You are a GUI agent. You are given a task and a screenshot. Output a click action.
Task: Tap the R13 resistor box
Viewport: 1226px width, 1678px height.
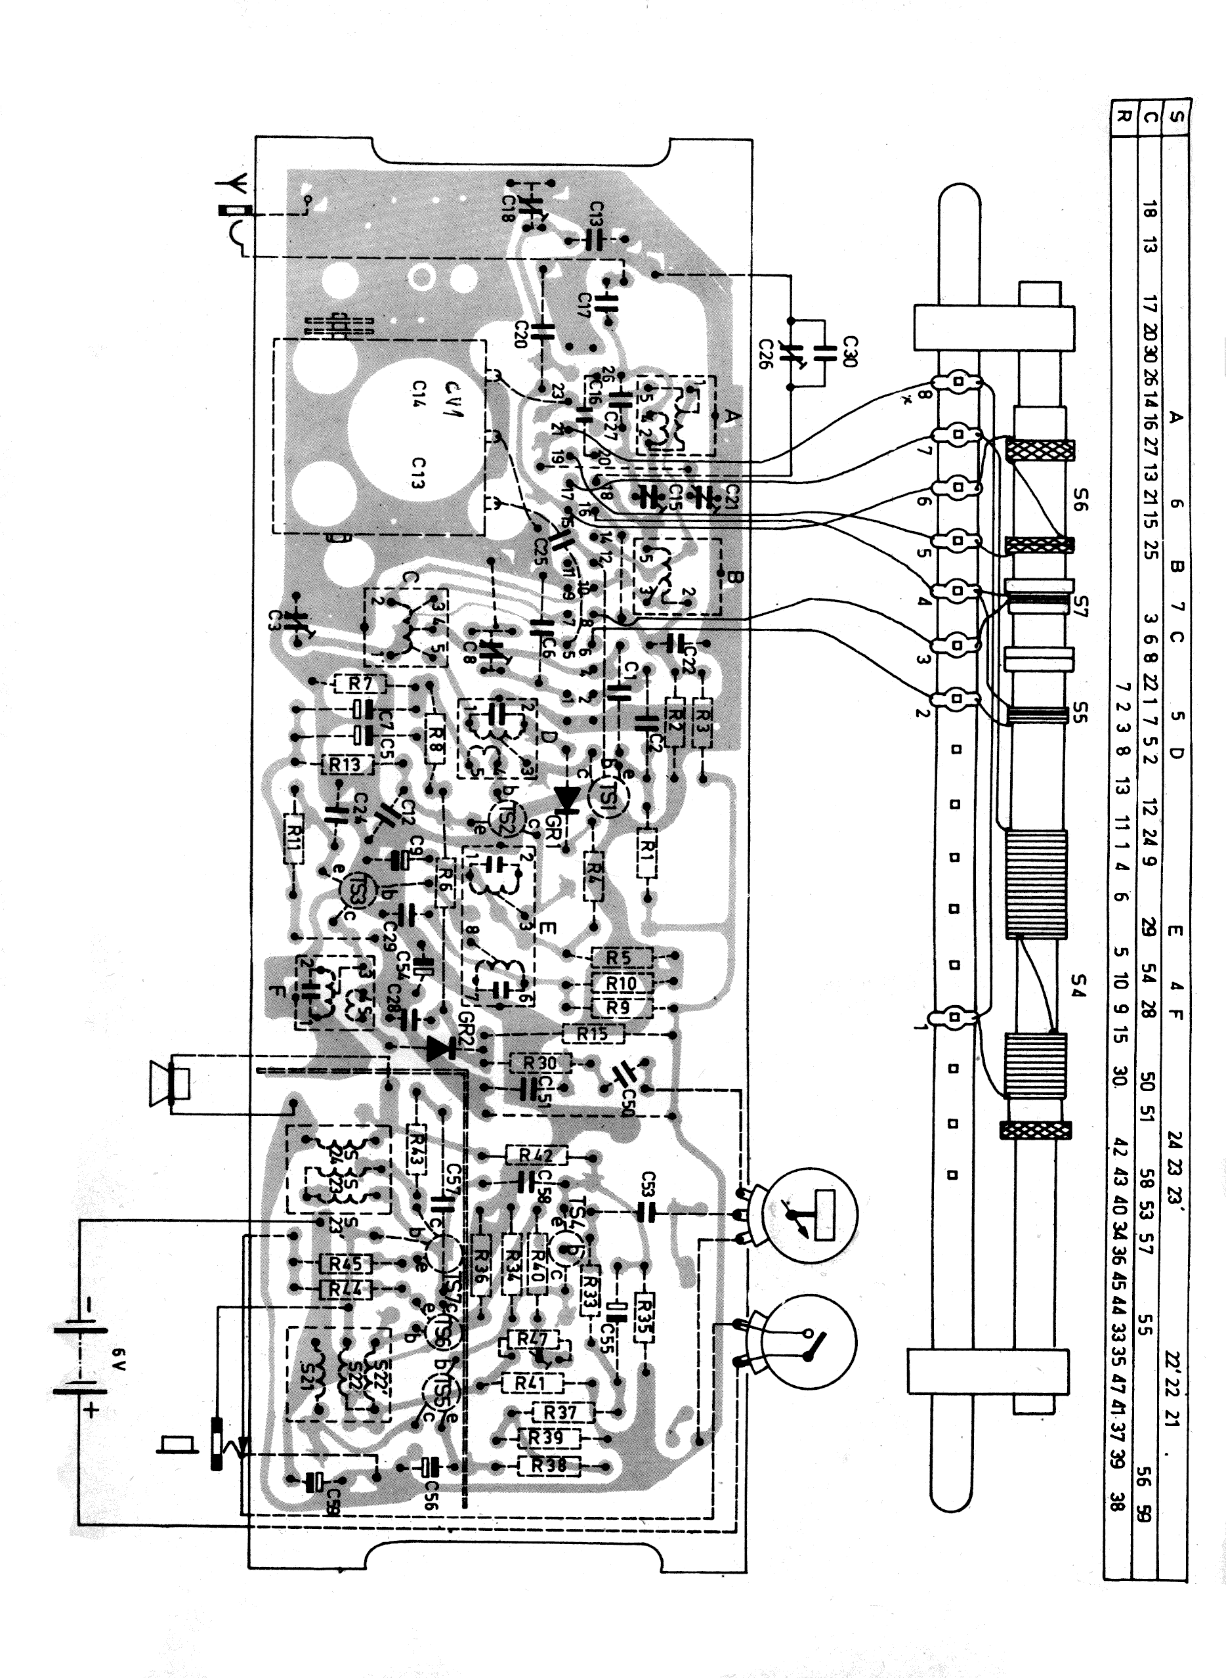(x=345, y=764)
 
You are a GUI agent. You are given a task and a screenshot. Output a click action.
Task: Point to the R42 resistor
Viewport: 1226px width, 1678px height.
(x=536, y=1155)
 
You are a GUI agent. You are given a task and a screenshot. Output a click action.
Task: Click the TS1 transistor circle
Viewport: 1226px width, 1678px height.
(x=610, y=796)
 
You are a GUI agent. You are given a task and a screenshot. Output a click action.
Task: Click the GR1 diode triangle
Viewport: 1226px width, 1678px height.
(x=568, y=798)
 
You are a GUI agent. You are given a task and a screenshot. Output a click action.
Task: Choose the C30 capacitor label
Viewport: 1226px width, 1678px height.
(x=851, y=351)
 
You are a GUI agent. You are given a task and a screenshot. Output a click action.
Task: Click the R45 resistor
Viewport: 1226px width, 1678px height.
(x=345, y=1263)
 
